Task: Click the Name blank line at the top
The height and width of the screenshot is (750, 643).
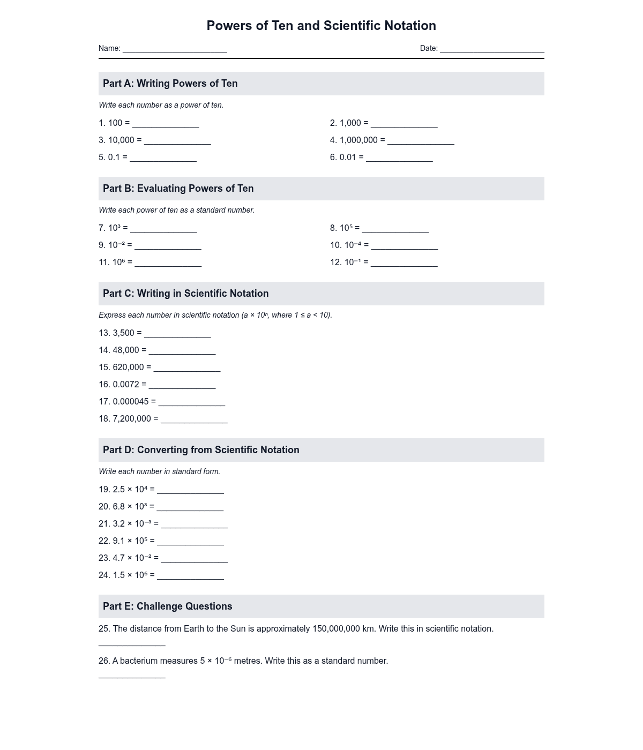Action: [175, 49]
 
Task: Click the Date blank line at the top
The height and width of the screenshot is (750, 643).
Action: [492, 49]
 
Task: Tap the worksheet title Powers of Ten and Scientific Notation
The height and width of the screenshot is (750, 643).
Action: [321, 26]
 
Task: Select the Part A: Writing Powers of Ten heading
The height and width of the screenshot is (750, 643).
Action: [170, 84]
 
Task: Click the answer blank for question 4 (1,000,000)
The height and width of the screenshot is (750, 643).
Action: [421, 141]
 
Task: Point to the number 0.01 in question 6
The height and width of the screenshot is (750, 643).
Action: [348, 157]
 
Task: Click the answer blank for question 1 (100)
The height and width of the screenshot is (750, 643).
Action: [166, 124]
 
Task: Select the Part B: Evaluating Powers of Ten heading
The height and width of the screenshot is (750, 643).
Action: [178, 189]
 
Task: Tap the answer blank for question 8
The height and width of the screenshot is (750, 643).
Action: [395, 229]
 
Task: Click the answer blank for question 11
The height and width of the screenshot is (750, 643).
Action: [168, 263]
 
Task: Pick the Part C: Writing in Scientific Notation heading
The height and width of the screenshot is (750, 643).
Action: [186, 294]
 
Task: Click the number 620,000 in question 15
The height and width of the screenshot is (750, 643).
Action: [129, 367]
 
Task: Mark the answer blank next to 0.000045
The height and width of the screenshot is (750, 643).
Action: [192, 402]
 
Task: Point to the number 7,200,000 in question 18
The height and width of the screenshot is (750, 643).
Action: [132, 419]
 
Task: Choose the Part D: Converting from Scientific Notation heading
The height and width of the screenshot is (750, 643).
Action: [201, 450]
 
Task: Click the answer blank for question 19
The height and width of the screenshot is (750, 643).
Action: [190, 490]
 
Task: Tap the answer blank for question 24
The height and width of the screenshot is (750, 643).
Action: [190, 576]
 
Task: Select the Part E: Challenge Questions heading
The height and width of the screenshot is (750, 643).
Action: [168, 606]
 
